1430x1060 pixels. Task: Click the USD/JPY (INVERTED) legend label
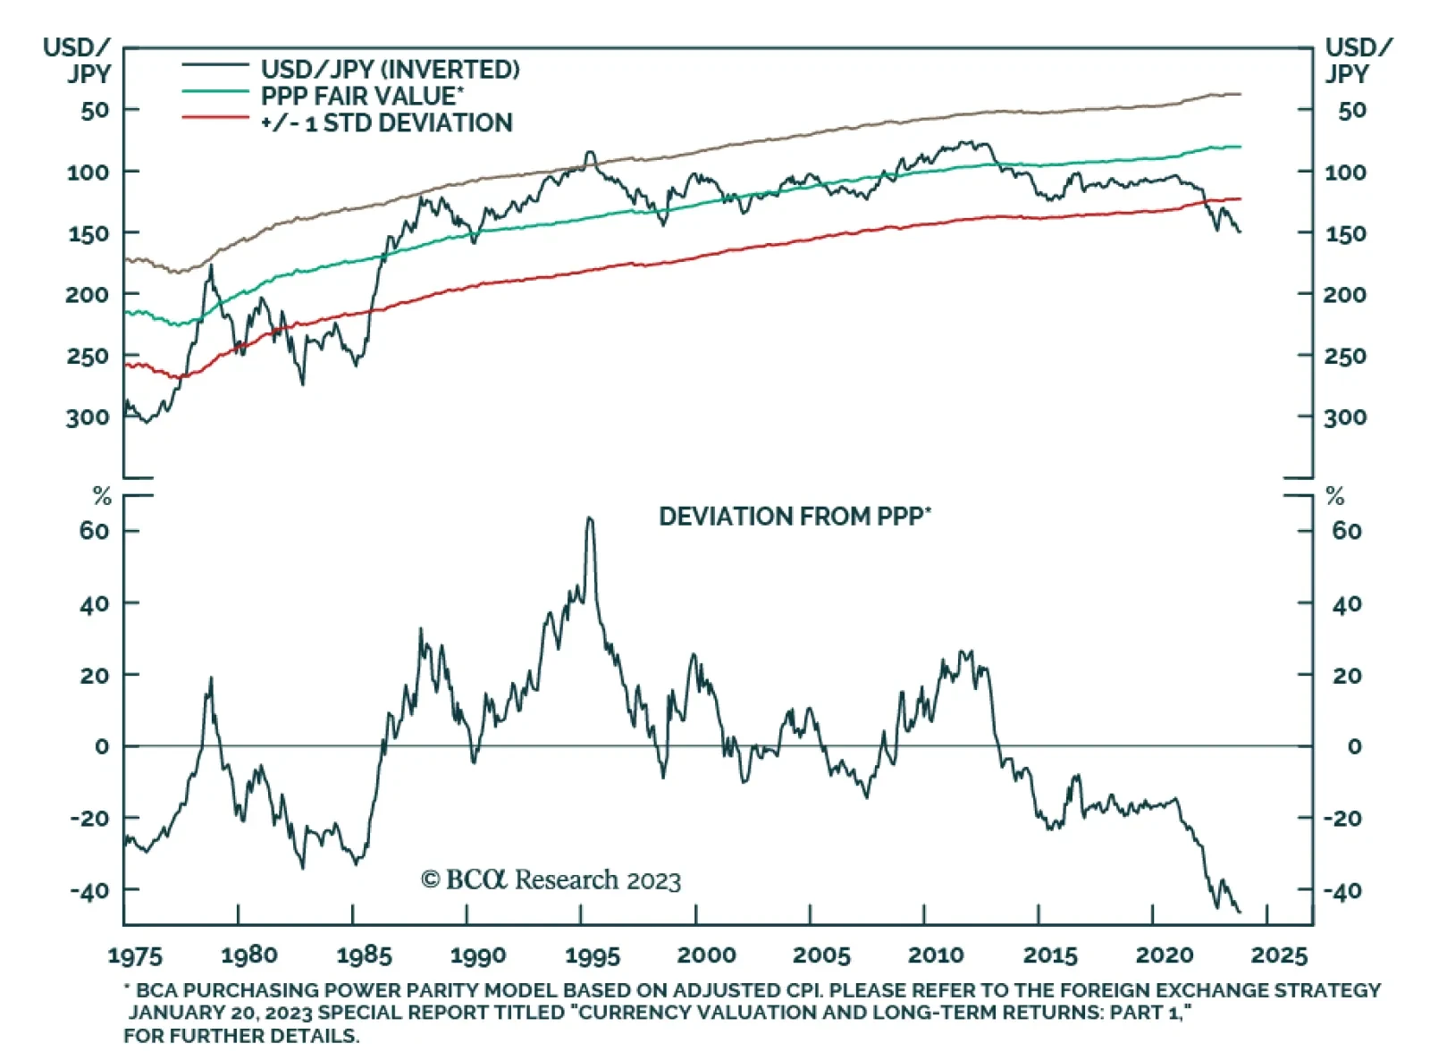(x=390, y=70)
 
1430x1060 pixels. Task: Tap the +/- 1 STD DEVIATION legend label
(x=386, y=122)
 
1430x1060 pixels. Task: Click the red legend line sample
(x=214, y=118)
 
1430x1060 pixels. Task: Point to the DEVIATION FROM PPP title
(x=795, y=517)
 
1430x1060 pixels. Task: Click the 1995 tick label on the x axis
(x=592, y=955)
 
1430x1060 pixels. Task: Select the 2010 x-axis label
(x=935, y=955)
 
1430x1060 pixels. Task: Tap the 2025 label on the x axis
(x=1279, y=955)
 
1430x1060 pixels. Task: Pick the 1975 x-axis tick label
(x=135, y=955)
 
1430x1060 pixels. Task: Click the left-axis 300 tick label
(x=88, y=417)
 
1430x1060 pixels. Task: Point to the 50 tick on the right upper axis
(x=1351, y=111)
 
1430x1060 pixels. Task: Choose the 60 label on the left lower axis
(x=94, y=531)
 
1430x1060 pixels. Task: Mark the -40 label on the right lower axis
(x=1342, y=891)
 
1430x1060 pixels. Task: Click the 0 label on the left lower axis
(x=102, y=746)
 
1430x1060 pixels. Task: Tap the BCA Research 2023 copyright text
(x=551, y=880)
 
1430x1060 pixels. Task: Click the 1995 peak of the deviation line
(x=589, y=518)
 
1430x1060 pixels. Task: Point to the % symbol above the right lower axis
(x=1335, y=496)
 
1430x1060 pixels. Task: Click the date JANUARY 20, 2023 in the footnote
(x=220, y=1013)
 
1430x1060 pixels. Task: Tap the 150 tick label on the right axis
(x=1345, y=234)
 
